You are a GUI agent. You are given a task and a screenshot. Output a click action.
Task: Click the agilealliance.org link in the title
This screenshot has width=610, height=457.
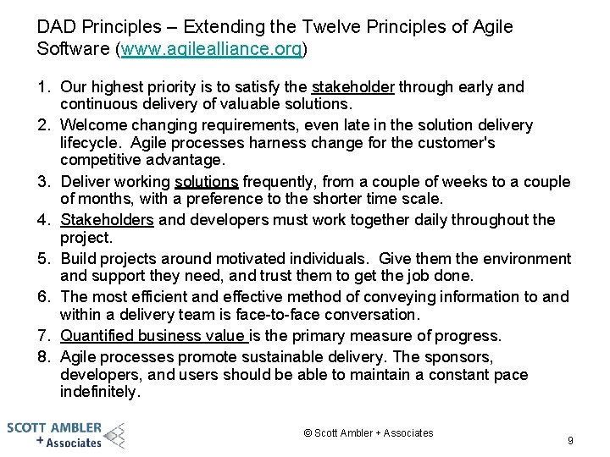pyautogui.click(x=211, y=49)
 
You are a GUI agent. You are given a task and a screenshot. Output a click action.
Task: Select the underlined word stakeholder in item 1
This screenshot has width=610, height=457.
pyautogui.click(x=353, y=86)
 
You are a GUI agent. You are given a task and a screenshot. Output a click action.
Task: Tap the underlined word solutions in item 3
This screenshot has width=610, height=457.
pyautogui.click(x=207, y=182)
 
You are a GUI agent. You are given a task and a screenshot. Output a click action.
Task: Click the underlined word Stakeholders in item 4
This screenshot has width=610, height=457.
pyautogui.click(x=107, y=220)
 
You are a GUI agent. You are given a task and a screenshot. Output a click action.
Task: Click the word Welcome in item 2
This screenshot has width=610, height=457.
pyautogui.click(x=93, y=125)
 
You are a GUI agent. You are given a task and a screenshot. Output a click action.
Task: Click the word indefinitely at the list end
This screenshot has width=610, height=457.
pyautogui.click(x=101, y=392)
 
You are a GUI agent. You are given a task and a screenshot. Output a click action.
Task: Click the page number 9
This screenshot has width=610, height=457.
pyautogui.click(x=570, y=441)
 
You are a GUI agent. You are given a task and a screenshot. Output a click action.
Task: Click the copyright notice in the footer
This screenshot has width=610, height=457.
pyautogui.click(x=368, y=433)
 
